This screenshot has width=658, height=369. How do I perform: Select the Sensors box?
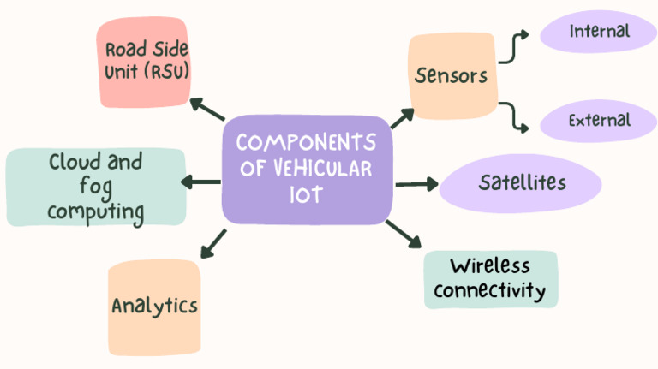[x=452, y=75]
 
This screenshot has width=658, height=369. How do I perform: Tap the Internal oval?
[x=599, y=33]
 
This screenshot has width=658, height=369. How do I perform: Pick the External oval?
[x=599, y=121]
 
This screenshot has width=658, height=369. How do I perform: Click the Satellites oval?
[x=521, y=183]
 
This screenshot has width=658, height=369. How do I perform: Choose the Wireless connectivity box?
[x=490, y=279]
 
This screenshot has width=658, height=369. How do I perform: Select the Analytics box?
[x=154, y=307]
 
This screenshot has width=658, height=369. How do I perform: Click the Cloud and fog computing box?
[x=95, y=187]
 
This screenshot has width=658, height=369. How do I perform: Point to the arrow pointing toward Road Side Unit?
[x=206, y=109]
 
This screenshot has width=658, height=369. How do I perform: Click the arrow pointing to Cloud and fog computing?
[x=200, y=182]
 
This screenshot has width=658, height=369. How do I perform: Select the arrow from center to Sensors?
[x=402, y=117]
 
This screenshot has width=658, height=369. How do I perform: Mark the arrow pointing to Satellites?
[x=416, y=183]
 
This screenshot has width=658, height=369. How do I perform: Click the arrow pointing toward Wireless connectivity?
[x=403, y=233]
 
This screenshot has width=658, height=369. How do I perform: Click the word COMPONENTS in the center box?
[x=306, y=142]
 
